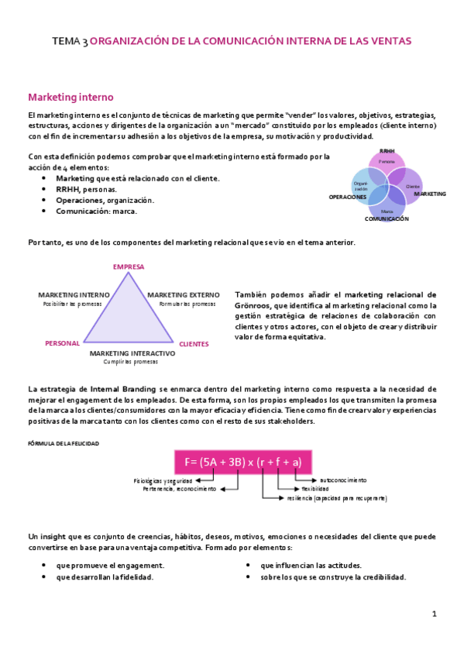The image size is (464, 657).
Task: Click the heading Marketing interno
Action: pos(70,98)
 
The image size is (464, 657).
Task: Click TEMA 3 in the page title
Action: pos(70,40)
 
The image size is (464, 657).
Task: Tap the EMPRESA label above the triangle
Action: pos(129,267)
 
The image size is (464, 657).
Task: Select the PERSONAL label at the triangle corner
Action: pos(62,342)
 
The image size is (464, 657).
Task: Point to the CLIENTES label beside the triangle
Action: pos(194,343)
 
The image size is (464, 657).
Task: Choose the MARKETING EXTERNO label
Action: pos(183,295)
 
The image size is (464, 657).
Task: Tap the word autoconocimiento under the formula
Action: pos(343,480)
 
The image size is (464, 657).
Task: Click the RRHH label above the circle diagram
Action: pos(387,151)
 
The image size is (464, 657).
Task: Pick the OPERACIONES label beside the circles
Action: pos(347,198)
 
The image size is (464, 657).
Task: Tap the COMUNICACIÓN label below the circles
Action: pos(387,220)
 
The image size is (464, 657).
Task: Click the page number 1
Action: pos(435,614)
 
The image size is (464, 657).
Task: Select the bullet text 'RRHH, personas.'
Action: pos(87,189)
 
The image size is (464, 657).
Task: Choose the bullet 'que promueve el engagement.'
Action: pos(110,566)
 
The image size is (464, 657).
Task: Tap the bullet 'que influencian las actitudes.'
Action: pos(311,566)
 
